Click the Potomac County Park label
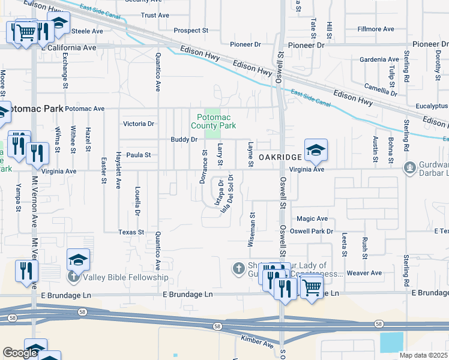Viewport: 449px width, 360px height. click(213, 122)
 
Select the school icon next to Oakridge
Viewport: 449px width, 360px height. click(316, 151)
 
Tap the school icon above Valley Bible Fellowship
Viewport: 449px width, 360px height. click(78, 260)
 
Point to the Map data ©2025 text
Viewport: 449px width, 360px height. click(424, 355)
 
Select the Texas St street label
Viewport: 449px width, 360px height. click(131, 232)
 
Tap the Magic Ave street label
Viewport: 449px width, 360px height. click(312, 219)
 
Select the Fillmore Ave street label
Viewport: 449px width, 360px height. click(376, 29)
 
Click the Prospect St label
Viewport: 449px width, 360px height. click(190, 30)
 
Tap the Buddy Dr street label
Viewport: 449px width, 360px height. click(184, 139)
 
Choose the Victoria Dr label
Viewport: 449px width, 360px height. click(139, 124)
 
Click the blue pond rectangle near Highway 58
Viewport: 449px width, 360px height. click(392, 342)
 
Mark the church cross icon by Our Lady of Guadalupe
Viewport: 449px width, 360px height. click(238, 267)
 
